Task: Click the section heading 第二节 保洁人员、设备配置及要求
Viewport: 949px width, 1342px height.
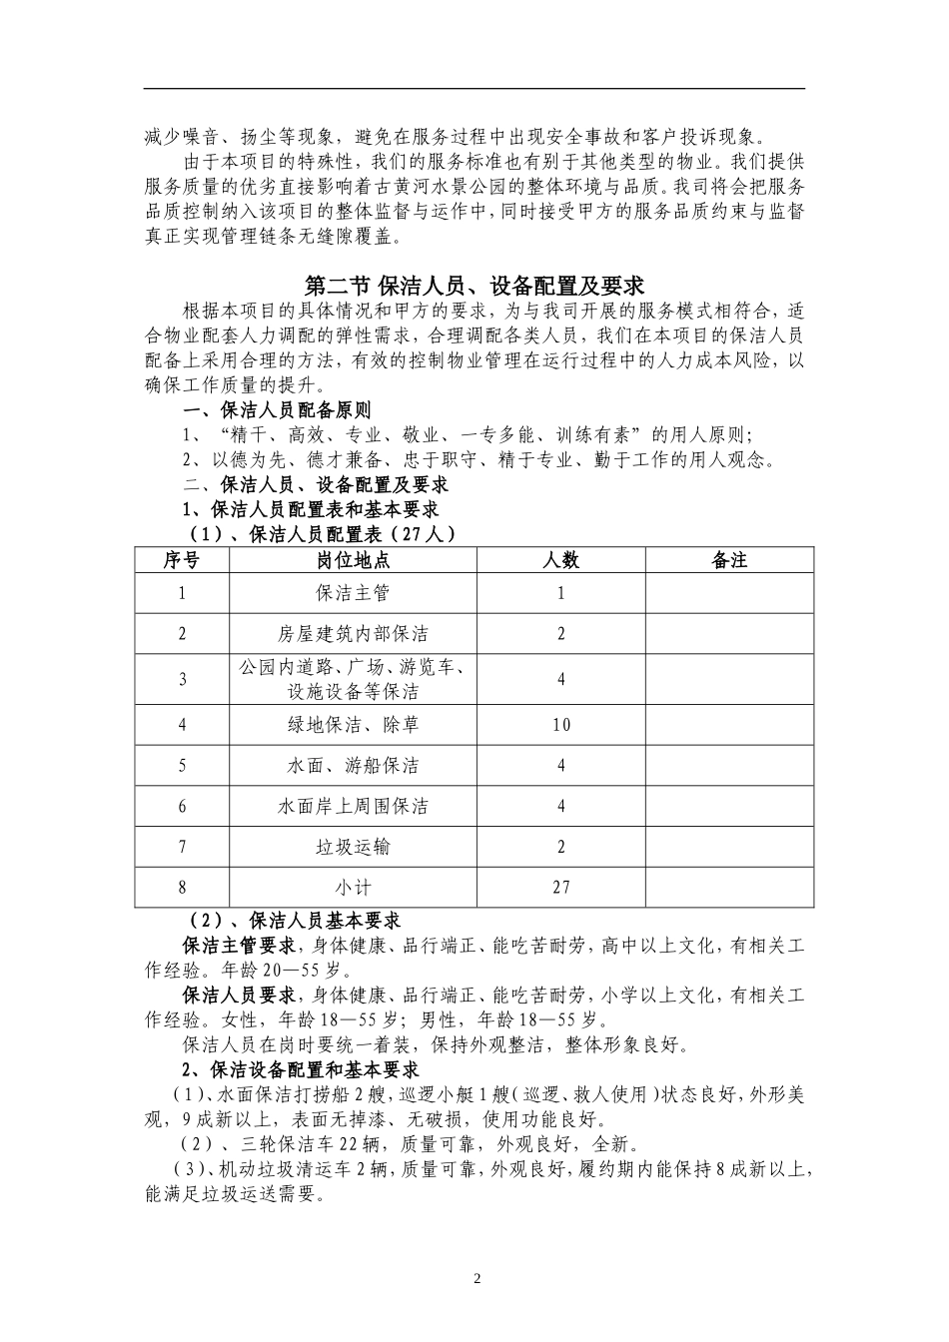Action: (474, 286)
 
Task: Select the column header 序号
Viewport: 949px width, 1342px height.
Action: (182, 560)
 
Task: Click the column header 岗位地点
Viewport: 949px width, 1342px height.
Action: (353, 560)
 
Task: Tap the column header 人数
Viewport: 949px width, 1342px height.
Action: (560, 560)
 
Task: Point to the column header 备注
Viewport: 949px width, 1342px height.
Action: (729, 560)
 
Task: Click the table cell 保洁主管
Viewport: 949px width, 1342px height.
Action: (353, 593)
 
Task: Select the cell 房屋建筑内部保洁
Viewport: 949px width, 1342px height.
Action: (353, 634)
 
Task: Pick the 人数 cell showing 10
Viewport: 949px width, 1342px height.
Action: (560, 725)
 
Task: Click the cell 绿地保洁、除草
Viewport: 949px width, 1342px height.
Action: (353, 725)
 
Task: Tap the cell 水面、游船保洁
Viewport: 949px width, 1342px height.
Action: (353, 766)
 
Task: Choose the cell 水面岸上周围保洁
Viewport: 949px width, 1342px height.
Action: (353, 807)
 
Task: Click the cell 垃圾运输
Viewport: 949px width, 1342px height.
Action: (353, 847)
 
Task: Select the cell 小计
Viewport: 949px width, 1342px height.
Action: (353, 888)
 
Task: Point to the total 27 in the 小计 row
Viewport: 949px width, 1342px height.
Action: (560, 888)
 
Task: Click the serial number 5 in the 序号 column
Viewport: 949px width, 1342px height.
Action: (182, 766)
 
